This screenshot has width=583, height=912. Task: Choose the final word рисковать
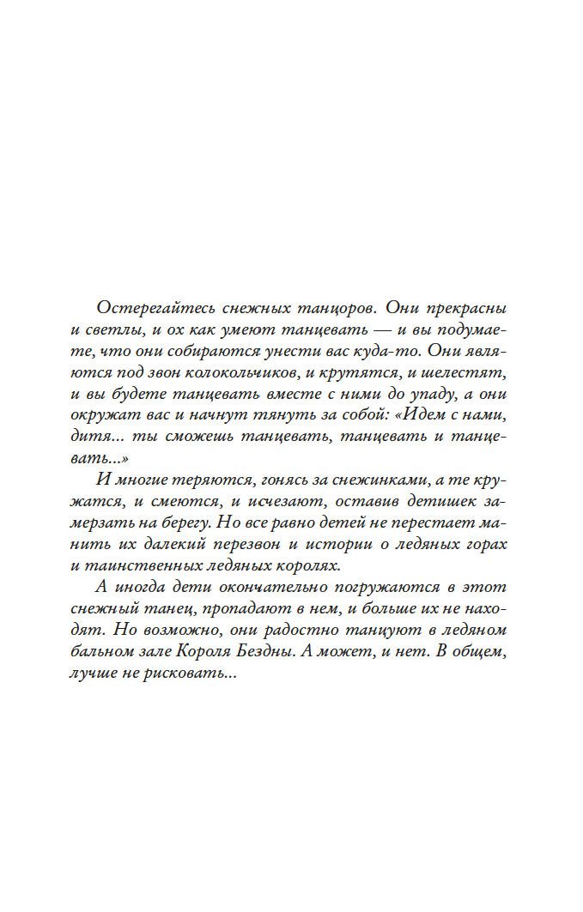[x=197, y=677]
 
